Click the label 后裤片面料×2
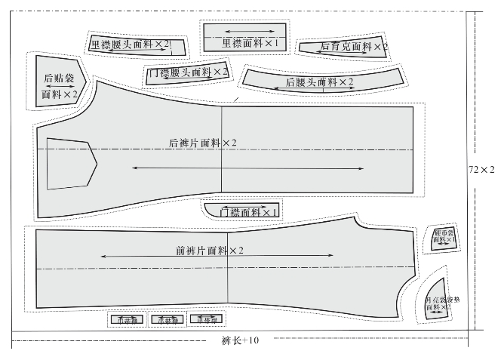coord(203,143)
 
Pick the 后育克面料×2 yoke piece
coord(343,47)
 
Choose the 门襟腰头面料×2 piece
coord(188,72)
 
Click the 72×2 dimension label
coord(482,169)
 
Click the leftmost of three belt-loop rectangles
coord(126,320)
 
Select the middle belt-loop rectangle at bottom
coord(166,320)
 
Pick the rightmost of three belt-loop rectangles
coord(206,320)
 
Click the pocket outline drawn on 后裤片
coord(70,163)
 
